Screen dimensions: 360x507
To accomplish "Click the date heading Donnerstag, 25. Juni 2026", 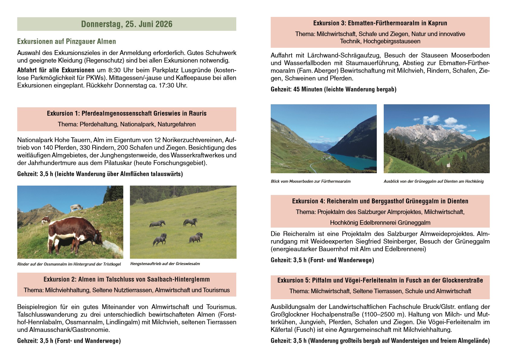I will [x=127, y=24].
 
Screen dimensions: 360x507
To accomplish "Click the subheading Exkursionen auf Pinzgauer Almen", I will [x=66, y=41].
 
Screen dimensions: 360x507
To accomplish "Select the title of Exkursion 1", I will [x=127, y=113].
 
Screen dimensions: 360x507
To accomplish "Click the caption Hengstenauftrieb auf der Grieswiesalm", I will [x=165, y=264].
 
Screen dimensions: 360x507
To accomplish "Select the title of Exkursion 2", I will [x=127, y=279].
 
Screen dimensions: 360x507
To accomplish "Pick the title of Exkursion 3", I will [x=380, y=23].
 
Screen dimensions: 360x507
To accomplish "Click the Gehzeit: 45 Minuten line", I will [x=333, y=89].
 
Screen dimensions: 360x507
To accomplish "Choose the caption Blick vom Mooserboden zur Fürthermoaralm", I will [x=311, y=181].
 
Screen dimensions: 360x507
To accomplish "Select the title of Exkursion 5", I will [x=380, y=280].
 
